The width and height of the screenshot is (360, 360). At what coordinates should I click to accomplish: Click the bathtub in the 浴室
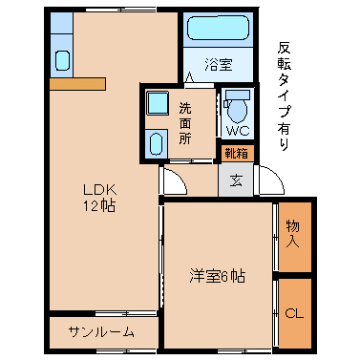(218, 28)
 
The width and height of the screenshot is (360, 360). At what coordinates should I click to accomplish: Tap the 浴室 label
(219, 65)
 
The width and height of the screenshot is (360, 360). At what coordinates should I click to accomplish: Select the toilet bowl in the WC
(238, 109)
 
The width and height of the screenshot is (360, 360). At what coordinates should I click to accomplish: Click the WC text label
(238, 131)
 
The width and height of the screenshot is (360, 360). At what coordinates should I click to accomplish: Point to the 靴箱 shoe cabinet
(237, 154)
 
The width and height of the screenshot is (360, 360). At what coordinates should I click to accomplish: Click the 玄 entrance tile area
(236, 180)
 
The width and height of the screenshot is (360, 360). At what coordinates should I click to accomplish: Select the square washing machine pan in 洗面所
(158, 102)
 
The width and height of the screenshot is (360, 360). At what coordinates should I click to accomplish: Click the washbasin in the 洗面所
(156, 143)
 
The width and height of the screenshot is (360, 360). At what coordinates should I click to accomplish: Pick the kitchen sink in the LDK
(62, 60)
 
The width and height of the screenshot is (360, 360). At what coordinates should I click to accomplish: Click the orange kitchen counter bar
(77, 84)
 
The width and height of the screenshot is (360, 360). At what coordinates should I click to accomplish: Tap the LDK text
(100, 190)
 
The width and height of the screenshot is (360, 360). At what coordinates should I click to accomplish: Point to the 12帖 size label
(99, 206)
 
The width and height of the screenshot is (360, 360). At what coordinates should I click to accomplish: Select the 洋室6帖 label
(218, 276)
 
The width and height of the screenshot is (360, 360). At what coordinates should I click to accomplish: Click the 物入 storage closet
(295, 237)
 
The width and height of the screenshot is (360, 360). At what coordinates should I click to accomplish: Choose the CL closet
(295, 313)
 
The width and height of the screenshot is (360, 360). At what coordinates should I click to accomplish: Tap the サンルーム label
(101, 332)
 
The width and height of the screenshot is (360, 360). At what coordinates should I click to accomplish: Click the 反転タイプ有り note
(284, 96)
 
